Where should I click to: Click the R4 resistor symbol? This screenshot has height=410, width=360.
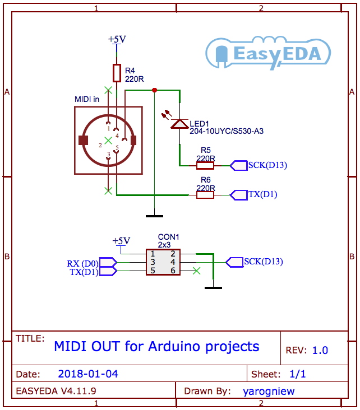[x=117, y=73]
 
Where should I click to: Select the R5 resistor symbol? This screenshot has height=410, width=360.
[x=205, y=165]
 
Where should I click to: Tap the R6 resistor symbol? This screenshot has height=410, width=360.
[x=205, y=195]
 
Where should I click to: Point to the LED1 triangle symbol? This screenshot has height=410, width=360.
[x=179, y=124]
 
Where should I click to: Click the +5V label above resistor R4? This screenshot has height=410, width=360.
[x=117, y=39]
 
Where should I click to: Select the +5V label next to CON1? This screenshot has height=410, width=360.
[x=121, y=241]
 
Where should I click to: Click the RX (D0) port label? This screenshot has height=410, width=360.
[x=82, y=263]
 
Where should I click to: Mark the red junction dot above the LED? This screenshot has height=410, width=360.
[x=155, y=90]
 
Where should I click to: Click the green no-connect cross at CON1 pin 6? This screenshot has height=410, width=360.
[x=196, y=271]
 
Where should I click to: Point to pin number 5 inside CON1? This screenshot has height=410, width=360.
[x=152, y=271]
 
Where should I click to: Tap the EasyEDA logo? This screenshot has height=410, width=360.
[x=268, y=53]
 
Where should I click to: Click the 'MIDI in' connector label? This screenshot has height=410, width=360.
[x=87, y=99]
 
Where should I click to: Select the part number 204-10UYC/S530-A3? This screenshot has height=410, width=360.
[x=227, y=131]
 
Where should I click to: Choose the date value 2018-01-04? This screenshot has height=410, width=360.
[x=88, y=374]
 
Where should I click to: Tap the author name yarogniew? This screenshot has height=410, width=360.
[x=269, y=391]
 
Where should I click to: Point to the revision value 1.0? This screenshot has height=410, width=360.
[x=320, y=351]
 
